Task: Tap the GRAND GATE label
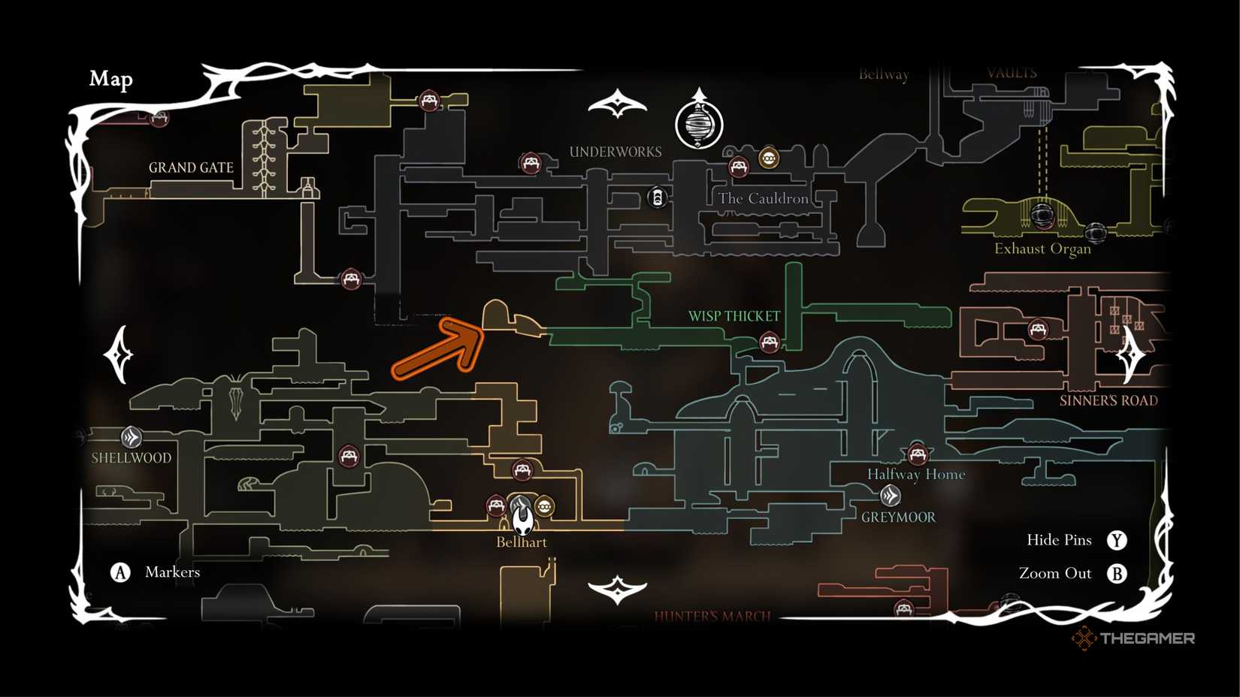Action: coord(191,167)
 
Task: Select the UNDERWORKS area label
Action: coord(615,152)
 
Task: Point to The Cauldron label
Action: coord(763,198)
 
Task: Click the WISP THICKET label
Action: coord(734,316)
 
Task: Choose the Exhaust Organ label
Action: coord(1042,249)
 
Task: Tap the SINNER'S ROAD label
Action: coord(1108,400)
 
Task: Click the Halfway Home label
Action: coord(916,474)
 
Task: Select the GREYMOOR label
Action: coord(898,517)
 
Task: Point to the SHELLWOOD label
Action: coord(132,457)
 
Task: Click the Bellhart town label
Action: coord(522,542)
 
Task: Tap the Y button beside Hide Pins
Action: coord(1117,540)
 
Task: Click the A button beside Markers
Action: coord(120,572)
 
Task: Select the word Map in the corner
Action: coord(111,79)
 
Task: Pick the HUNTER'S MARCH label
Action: coord(712,617)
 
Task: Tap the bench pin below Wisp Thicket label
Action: coord(769,342)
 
